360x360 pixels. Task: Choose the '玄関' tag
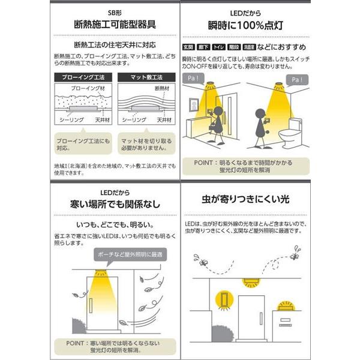(188, 47)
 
